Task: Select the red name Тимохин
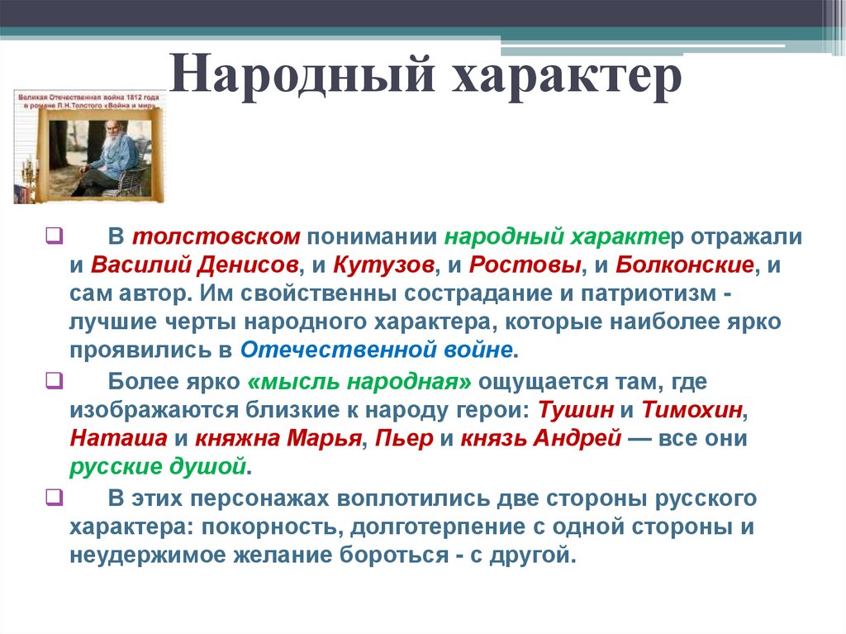[x=692, y=410]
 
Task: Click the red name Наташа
[x=117, y=439]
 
